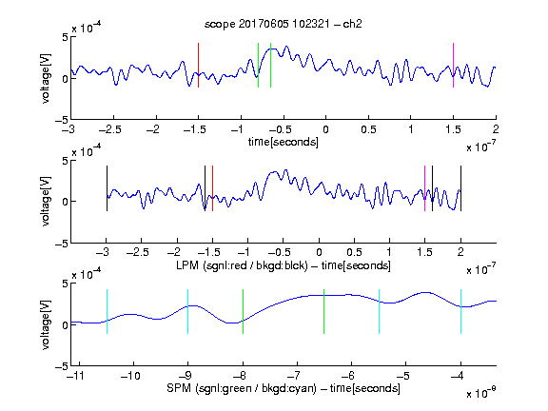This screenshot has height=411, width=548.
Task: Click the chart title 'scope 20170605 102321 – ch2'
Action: (284, 24)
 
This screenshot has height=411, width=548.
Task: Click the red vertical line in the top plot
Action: (198, 65)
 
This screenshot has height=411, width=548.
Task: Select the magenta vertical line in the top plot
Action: (453, 65)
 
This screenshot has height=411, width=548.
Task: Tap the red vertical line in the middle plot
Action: (212, 188)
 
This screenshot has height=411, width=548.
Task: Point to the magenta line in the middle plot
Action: (424, 188)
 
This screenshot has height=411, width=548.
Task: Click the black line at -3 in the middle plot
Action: (107, 188)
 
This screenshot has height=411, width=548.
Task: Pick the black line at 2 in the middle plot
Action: (460, 188)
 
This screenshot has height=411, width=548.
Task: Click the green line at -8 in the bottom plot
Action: (243, 311)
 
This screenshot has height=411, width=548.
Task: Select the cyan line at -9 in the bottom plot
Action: (187, 311)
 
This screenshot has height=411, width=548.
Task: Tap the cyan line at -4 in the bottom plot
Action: (460, 311)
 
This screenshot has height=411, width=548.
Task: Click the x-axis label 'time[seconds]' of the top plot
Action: (284, 142)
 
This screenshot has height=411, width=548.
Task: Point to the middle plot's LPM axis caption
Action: (284, 265)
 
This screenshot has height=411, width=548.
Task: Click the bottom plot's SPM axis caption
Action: (284, 388)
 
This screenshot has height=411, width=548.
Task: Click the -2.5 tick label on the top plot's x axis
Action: (109, 129)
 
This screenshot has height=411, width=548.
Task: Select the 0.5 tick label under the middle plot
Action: (354, 253)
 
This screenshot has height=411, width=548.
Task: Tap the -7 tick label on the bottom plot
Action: (296, 376)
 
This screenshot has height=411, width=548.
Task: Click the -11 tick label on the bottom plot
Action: (76, 376)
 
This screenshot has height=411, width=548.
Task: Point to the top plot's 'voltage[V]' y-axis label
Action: (46, 78)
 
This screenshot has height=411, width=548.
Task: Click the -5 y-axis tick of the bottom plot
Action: (62, 366)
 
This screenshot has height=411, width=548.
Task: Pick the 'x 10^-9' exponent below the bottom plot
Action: (481, 392)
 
